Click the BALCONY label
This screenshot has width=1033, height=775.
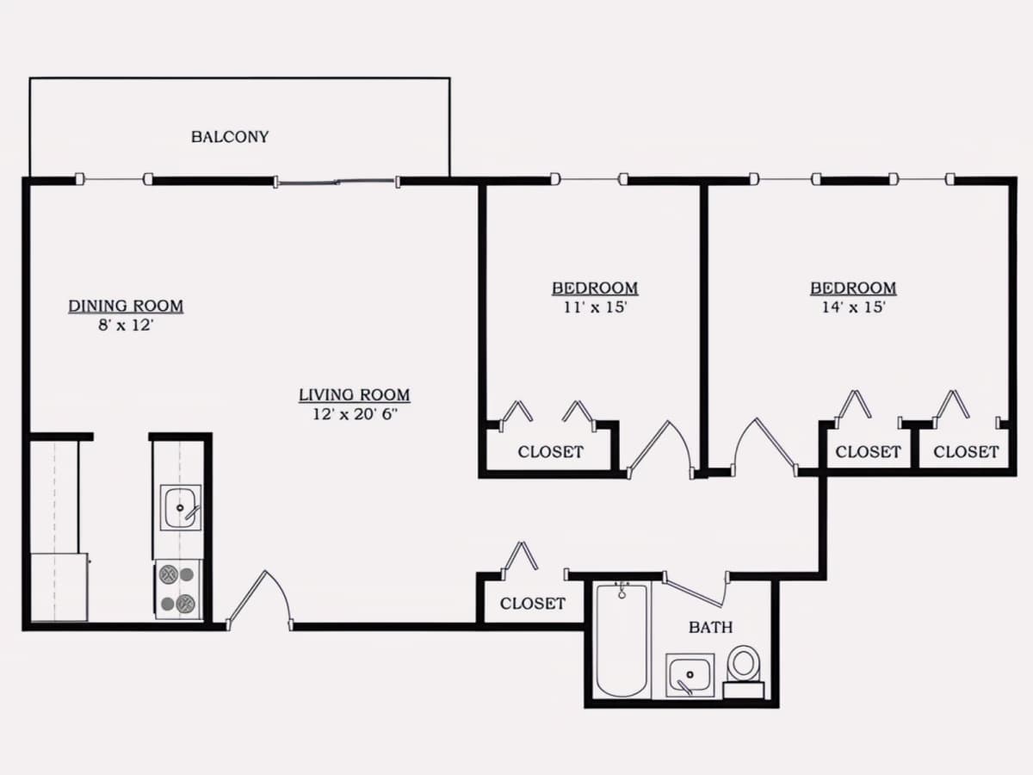[x=230, y=137]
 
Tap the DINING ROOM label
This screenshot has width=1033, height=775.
[x=126, y=306]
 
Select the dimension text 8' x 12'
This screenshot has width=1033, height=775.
[x=127, y=325]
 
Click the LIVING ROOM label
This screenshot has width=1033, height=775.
[x=355, y=394]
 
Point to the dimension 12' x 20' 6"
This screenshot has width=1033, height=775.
[x=356, y=414]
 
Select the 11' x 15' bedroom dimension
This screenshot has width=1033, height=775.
[x=596, y=307]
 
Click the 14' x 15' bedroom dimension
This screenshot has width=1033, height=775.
[x=853, y=307]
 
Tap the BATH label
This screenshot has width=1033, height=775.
[x=711, y=627]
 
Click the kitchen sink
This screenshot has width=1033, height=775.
[x=180, y=508]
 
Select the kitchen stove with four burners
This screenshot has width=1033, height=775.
[x=178, y=589]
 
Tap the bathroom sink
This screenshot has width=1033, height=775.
[x=690, y=675]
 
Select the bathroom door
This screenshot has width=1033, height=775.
[x=695, y=590]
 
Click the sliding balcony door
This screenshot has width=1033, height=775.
[x=337, y=181]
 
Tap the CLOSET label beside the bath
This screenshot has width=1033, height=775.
[x=533, y=604]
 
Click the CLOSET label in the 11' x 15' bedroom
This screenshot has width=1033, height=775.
[x=551, y=452]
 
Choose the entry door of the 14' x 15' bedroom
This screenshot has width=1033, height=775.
[x=764, y=447]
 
